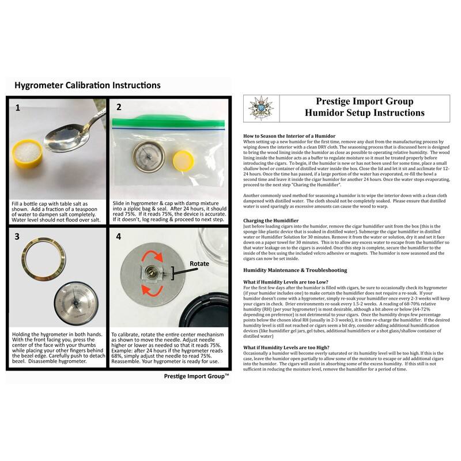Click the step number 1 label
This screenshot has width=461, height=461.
(17, 107)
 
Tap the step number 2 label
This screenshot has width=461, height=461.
(119, 107)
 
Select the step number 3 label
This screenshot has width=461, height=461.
(17, 236)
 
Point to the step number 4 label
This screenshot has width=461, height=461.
(119, 236)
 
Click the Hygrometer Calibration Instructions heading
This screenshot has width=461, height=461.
(87, 85)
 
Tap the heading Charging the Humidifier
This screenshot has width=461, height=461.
(271, 221)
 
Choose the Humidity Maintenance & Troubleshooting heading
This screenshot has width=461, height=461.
(295, 270)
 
